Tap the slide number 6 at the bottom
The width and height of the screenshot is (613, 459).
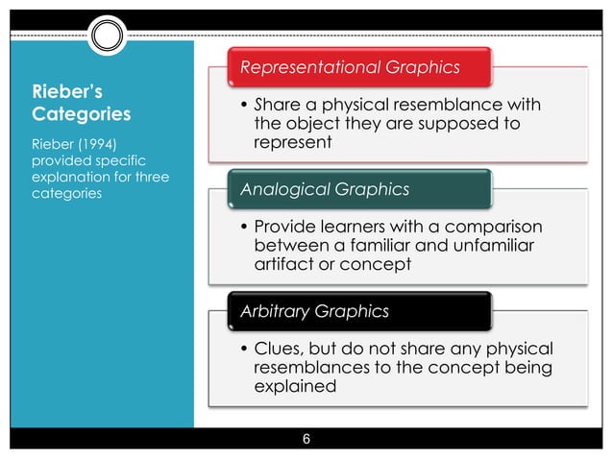pos(306,441)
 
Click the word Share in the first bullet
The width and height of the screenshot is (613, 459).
pos(277,105)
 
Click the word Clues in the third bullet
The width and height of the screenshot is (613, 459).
pos(278,350)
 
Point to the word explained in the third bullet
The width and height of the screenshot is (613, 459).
pos(295,388)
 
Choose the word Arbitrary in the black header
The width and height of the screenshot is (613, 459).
pos(273,311)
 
